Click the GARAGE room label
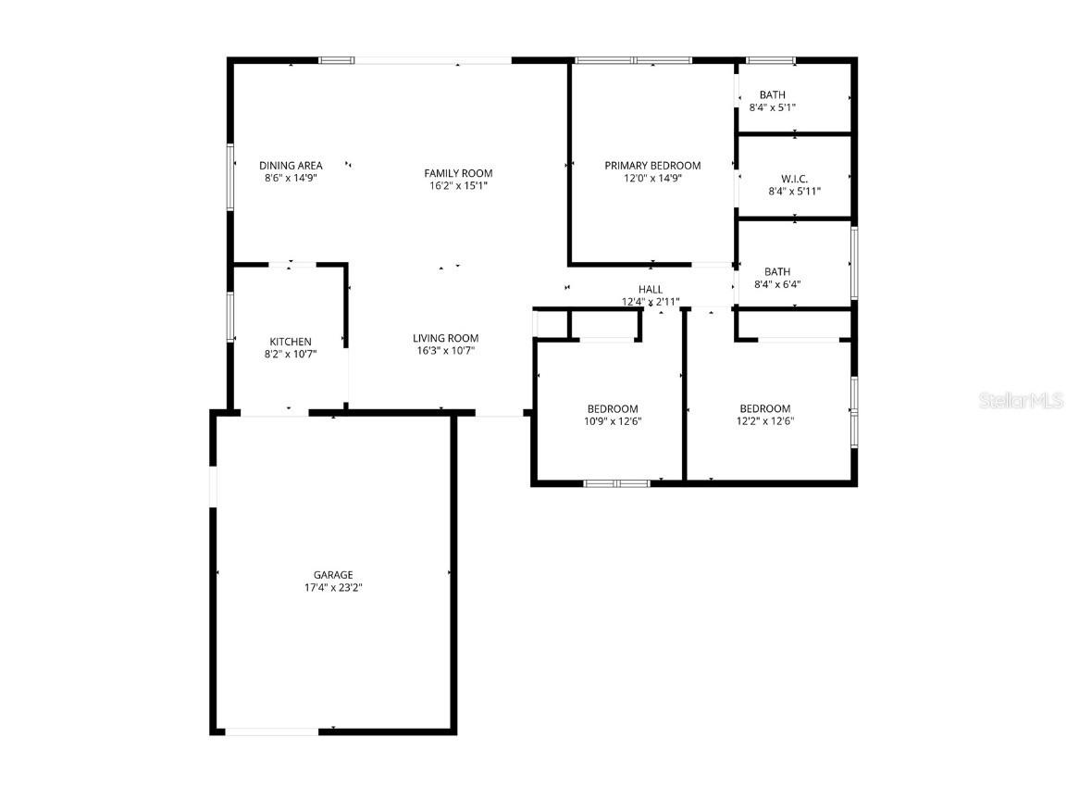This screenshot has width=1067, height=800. click(x=332, y=575)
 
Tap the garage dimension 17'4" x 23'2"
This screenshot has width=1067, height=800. click(x=332, y=588)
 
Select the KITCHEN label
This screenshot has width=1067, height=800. click(x=291, y=342)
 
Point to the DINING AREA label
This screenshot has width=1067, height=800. click(x=291, y=166)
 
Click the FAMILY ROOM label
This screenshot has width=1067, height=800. click(x=458, y=173)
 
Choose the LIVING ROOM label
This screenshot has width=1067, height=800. click(x=445, y=338)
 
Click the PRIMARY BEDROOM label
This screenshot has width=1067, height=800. click(x=652, y=166)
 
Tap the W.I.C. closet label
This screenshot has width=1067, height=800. click(x=794, y=179)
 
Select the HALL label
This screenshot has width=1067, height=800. click(x=651, y=290)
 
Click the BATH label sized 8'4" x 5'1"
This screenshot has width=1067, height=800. click(x=773, y=94)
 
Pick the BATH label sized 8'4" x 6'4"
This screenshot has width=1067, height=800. click(x=777, y=272)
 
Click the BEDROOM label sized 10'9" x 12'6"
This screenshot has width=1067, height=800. click(x=613, y=409)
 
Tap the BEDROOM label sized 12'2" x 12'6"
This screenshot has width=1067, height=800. click(x=765, y=409)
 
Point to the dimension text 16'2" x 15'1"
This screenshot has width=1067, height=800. click(x=458, y=185)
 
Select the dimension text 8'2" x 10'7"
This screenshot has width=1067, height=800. click(x=291, y=354)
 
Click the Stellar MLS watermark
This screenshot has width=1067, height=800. click(x=1022, y=401)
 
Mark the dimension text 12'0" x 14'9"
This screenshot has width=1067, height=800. click(x=652, y=179)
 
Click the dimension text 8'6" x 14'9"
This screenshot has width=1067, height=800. click(x=291, y=178)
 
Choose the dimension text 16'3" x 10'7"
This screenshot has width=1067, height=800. click(x=445, y=351)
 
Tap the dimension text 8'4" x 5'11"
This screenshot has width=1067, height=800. click(x=794, y=192)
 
